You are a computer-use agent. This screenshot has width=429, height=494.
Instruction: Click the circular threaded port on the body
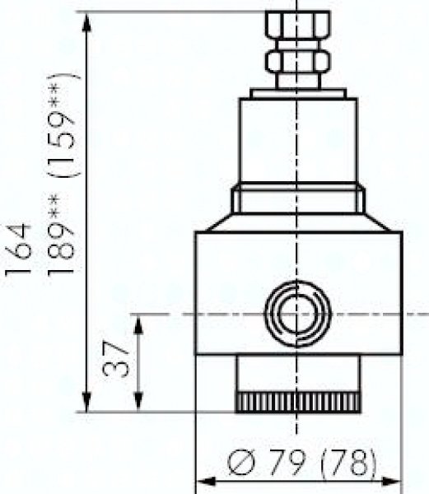tap(298, 315)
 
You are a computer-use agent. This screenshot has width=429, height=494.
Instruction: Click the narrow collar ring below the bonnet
tap(298, 201)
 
